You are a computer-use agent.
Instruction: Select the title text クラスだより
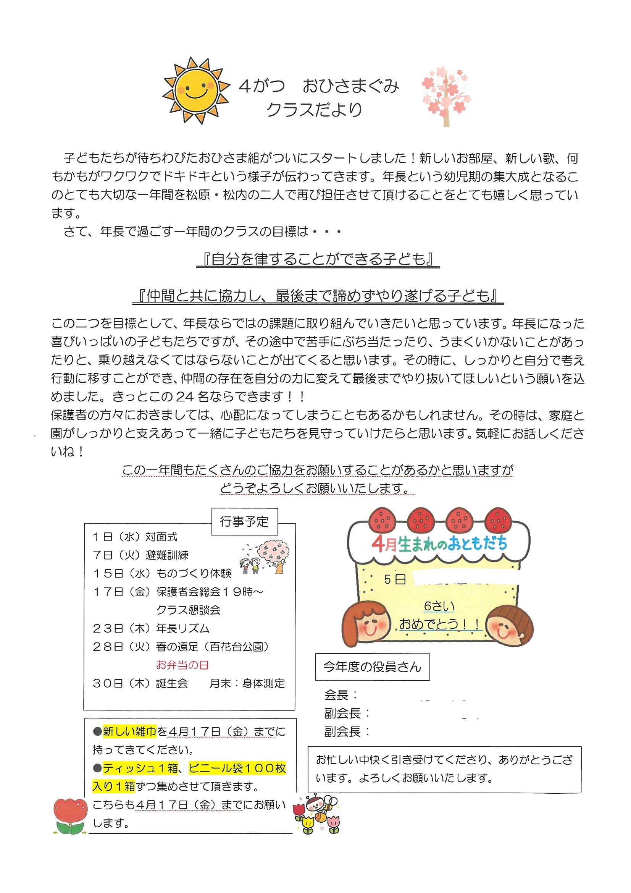(314, 110)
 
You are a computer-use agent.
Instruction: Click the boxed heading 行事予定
(244, 522)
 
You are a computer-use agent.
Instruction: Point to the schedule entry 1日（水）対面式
(135, 537)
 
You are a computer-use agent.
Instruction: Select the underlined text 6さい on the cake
(439, 607)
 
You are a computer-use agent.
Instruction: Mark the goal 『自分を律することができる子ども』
(318, 260)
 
